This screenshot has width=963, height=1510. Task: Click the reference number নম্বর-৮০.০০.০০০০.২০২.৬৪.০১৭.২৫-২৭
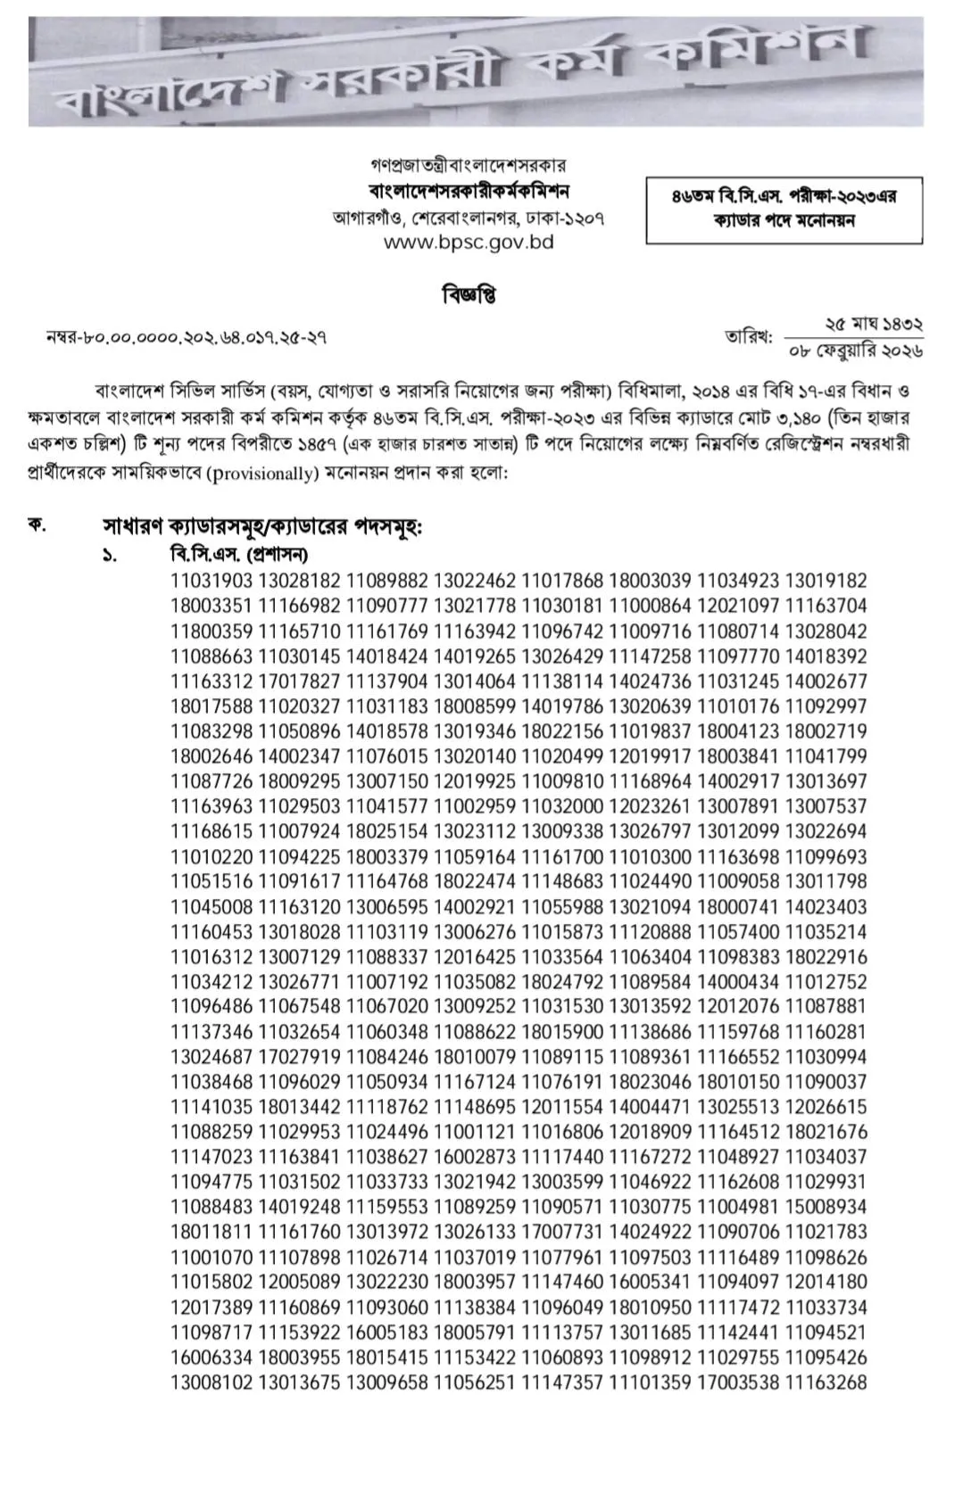(x=186, y=337)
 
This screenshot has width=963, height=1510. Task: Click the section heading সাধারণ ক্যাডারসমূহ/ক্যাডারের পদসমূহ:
(x=262, y=527)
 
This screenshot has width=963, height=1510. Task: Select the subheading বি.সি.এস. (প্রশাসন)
(x=239, y=554)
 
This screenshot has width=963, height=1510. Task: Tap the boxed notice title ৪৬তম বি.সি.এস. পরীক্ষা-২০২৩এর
(x=784, y=197)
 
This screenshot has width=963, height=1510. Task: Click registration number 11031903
(x=212, y=581)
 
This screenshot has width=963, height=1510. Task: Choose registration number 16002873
(x=476, y=1157)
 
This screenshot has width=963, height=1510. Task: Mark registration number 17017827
(x=300, y=681)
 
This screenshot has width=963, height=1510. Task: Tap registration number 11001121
(x=476, y=1132)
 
